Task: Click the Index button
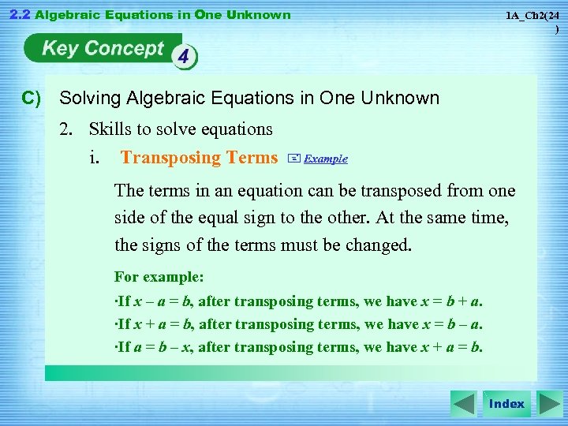pyautogui.click(x=506, y=404)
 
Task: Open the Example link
pyautogui.click(x=326, y=159)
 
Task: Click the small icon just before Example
pyautogui.click(x=294, y=159)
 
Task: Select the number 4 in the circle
pyautogui.click(x=183, y=56)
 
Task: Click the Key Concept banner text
pyautogui.click(x=103, y=49)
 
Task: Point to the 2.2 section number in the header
pyautogui.click(x=19, y=14)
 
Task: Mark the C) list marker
pyautogui.click(x=32, y=99)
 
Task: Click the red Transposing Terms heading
pyautogui.click(x=199, y=158)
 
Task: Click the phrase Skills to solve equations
pyautogui.click(x=181, y=129)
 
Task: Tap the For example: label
pyautogui.click(x=159, y=277)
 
